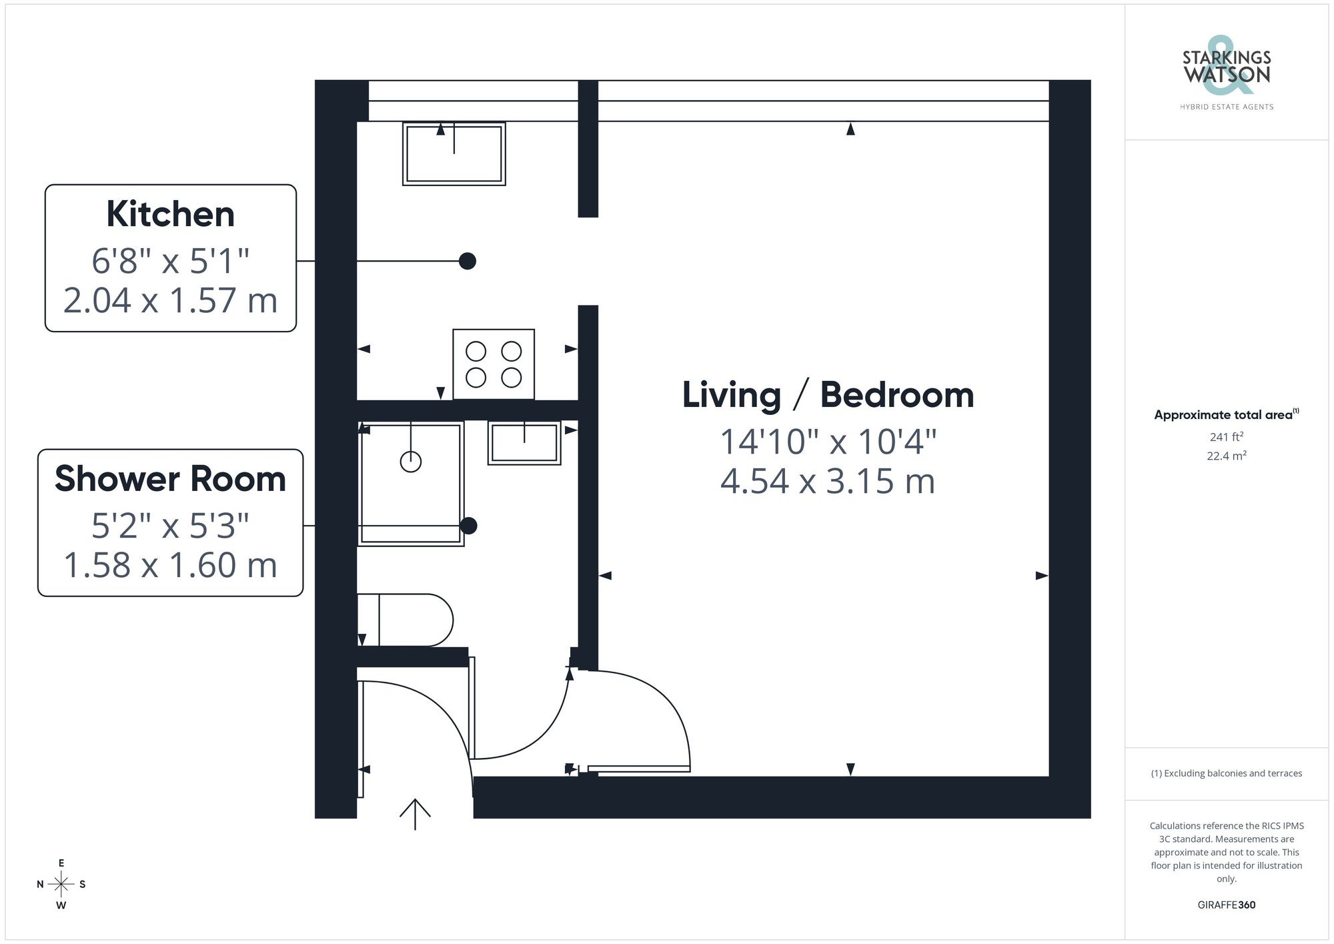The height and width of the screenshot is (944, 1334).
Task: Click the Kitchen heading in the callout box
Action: tap(170, 214)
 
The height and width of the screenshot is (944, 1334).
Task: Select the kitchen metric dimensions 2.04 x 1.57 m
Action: tap(170, 300)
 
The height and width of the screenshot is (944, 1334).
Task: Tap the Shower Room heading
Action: tap(170, 478)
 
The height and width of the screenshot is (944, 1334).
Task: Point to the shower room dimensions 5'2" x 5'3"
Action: tap(170, 526)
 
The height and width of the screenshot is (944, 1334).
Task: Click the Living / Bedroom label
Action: tap(828, 395)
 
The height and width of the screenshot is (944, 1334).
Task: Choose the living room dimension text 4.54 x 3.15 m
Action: tap(828, 481)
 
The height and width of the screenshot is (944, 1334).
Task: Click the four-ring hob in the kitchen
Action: tap(494, 364)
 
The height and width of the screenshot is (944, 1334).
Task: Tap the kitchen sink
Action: tap(454, 154)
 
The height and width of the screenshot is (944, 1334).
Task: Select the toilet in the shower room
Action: tap(406, 620)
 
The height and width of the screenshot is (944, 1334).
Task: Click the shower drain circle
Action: tap(411, 462)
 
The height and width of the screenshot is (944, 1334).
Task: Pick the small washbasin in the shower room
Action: tap(524, 443)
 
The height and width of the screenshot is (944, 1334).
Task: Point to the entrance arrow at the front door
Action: tap(415, 814)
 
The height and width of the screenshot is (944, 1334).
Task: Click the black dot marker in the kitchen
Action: tap(468, 261)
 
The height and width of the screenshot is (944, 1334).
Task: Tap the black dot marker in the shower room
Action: tap(469, 526)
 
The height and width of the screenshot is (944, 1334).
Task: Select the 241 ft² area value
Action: tap(1226, 437)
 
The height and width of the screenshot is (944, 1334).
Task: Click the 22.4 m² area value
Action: tap(1226, 456)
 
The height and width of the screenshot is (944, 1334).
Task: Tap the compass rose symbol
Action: tap(61, 885)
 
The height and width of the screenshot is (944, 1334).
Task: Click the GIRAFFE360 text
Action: tap(1226, 905)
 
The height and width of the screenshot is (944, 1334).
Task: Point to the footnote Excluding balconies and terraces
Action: tap(1226, 773)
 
